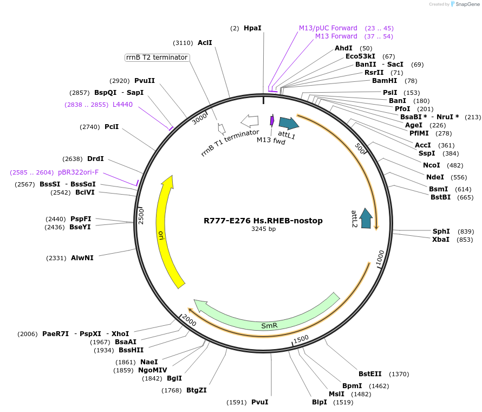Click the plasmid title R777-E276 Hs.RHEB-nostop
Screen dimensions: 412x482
263,221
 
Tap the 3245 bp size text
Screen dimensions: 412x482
263,229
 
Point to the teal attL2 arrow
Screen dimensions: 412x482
367,218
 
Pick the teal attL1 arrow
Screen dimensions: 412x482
288,123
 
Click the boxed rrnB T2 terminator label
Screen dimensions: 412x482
157,57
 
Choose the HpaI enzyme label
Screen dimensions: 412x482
252,28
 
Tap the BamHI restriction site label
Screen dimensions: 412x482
385,81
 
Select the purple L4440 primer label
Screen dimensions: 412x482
122,105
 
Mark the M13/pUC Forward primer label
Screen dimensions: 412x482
328,28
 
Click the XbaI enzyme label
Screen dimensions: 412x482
440,239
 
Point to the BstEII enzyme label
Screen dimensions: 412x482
370,374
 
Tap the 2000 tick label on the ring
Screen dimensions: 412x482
190,321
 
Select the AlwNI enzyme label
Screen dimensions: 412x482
82,257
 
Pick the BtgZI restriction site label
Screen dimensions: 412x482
196,390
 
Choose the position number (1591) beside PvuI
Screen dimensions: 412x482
237,402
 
